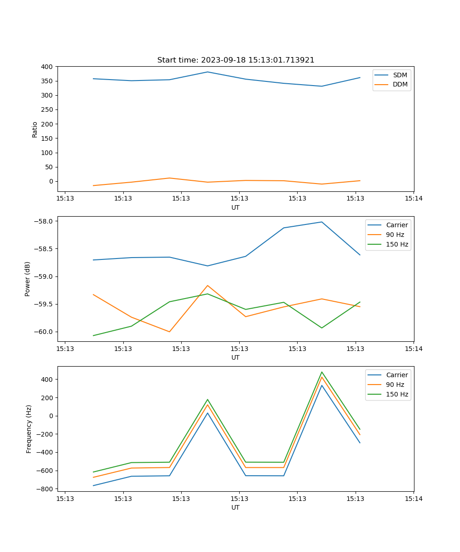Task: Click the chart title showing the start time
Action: pyautogui.click(x=236, y=60)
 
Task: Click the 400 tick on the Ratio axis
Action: pyautogui.click(x=47, y=67)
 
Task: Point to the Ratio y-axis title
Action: pyautogui.click(x=35, y=129)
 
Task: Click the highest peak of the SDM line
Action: pyautogui.click(x=207, y=72)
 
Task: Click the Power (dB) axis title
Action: pyautogui.click(x=28, y=279)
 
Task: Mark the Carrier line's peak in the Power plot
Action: pyautogui.click(x=322, y=222)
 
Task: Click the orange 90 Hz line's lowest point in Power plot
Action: pyautogui.click(x=169, y=332)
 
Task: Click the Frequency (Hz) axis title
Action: pyautogui.click(x=29, y=429)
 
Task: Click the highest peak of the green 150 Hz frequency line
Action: pyautogui.click(x=322, y=372)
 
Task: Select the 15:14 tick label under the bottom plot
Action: pyautogui.click(x=413, y=498)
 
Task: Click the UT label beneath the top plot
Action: pyautogui.click(x=236, y=207)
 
